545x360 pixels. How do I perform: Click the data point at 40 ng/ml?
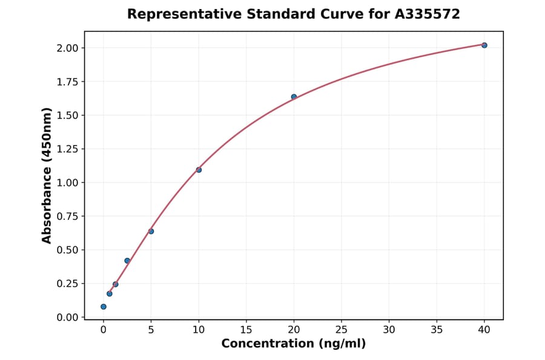(x=484, y=45)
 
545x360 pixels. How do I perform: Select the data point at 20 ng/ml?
(x=294, y=97)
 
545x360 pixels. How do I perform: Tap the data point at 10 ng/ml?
(x=199, y=170)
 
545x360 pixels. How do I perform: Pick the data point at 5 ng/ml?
(x=151, y=231)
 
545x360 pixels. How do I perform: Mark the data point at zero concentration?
(x=104, y=307)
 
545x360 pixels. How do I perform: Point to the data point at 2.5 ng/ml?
(x=127, y=261)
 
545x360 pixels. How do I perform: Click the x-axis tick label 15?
(x=246, y=330)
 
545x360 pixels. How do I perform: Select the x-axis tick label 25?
(x=342, y=330)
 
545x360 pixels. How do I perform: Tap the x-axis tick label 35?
(x=437, y=330)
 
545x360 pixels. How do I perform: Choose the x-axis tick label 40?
(x=484, y=330)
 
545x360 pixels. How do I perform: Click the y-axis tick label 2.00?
(x=67, y=48)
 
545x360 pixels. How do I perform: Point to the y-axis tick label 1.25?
(x=67, y=149)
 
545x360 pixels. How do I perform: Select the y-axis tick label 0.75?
(x=67, y=216)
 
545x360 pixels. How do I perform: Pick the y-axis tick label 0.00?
(x=67, y=318)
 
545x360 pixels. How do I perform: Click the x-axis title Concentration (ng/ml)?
(x=294, y=344)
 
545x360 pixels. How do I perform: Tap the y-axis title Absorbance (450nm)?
(x=47, y=176)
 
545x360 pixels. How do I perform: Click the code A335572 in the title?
(x=428, y=14)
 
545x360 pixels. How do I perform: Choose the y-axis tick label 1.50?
(x=67, y=115)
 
